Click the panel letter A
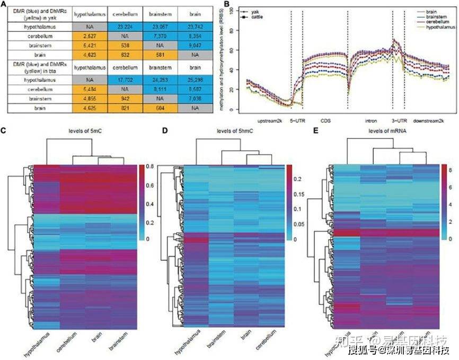[4, 5]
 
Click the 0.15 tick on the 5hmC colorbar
[303, 194]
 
